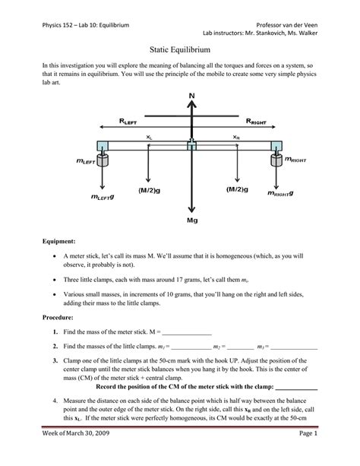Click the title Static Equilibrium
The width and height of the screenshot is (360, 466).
(179, 47)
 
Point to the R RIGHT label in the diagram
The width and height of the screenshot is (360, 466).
(260, 121)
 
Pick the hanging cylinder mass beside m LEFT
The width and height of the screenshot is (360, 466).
(103, 160)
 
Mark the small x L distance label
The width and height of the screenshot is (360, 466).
(149, 138)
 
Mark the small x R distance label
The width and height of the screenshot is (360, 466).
(236, 138)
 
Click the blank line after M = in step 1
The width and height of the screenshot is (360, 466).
(187, 332)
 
